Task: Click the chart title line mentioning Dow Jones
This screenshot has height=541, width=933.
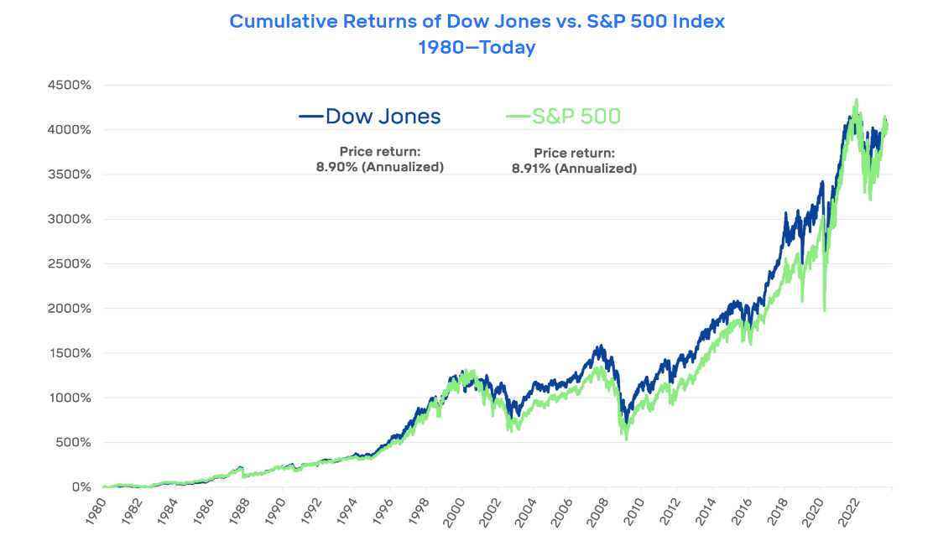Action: [x=477, y=21]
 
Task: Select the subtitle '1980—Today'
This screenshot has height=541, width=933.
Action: [x=477, y=48]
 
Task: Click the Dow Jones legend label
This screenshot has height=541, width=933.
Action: [x=383, y=116]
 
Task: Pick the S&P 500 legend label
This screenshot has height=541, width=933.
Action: [x=576, y=116]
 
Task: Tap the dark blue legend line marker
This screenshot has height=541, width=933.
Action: [x=311, y=117]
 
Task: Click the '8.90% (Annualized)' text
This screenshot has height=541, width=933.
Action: [x=379, y=166]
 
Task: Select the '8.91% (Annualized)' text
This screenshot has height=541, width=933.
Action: [x=574, y=168]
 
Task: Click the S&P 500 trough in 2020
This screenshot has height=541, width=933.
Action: [x=824, y=310]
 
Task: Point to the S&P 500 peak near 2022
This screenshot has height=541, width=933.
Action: [x=856, y=100]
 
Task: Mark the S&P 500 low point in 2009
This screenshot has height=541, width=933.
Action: [x=626, y=440]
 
